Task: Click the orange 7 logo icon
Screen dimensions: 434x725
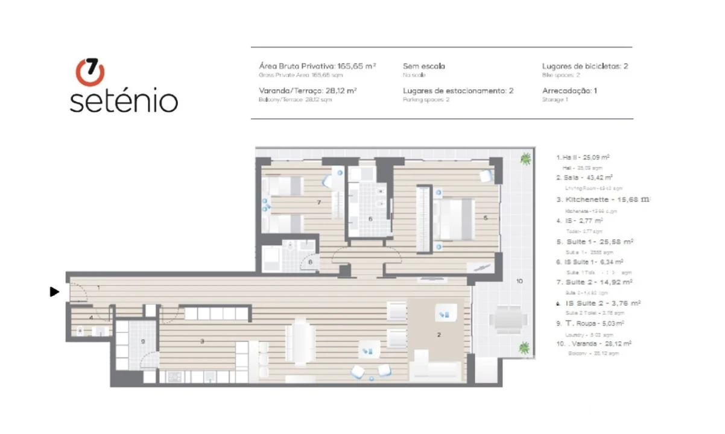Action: [90, 72]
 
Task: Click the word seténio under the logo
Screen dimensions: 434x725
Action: [124, 101]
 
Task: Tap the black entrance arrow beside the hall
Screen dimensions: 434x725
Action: [54, 292]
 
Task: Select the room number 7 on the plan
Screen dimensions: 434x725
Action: [318, 203]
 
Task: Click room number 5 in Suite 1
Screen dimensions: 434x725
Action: [485, 218]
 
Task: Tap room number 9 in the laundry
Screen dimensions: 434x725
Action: [143, 342]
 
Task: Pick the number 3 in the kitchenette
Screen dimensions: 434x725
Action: [203, 342]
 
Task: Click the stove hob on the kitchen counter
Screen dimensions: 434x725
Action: [174, 377]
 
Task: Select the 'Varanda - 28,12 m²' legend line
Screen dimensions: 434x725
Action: [594, 344]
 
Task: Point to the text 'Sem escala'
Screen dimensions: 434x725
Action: [423, 66]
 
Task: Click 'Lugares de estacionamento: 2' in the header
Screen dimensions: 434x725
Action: [458, 90]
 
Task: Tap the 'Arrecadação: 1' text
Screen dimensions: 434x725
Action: [569, 90]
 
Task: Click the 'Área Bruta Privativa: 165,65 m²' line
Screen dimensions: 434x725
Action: [317, 66]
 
